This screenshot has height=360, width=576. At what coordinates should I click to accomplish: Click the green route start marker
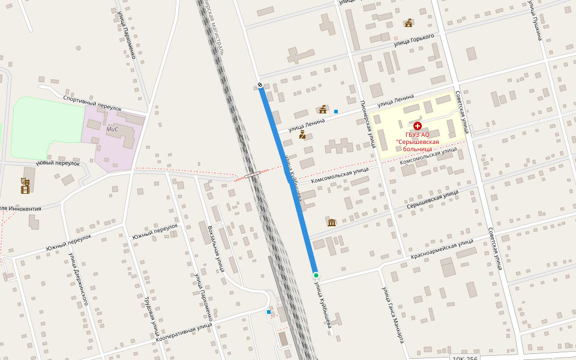[316, 275]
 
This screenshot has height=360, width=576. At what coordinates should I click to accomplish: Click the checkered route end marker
[260, 85]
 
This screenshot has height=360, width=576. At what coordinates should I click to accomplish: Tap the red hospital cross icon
[418, 126]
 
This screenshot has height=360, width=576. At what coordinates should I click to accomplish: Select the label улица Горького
[414, 40]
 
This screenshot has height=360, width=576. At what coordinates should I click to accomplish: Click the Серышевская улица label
[432, 199]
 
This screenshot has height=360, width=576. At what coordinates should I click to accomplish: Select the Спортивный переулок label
[92, 103]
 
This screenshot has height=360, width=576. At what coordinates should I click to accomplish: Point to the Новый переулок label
[58, 163]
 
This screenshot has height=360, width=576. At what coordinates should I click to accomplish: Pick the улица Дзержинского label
[79, 279]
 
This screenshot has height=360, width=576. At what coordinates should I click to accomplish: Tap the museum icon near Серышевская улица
[332, 223]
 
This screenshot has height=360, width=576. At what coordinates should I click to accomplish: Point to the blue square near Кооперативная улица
[269, 312]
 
